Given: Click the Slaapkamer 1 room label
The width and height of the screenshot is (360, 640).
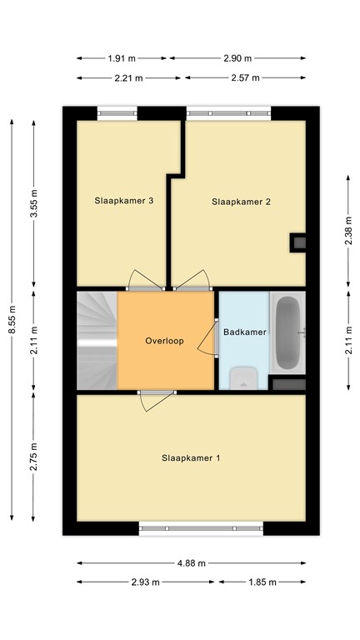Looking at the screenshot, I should point(191,457).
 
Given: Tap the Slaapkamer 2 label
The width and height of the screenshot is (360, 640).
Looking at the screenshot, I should point(242,202).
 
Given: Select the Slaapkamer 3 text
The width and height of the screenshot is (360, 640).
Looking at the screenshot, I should point(124,200).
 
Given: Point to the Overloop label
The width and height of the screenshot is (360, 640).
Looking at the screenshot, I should point(164,341).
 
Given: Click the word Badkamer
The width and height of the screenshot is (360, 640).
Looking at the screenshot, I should point(245,332).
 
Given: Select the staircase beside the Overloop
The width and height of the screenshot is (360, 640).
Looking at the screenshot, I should point(97,340).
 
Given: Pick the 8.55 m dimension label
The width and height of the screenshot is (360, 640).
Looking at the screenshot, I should point(12,317).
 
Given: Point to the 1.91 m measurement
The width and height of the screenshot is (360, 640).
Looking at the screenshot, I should point(123,59).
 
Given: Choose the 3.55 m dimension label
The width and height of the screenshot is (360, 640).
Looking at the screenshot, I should point(34,205).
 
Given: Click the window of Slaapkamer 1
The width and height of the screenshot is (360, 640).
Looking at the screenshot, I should point(200,527).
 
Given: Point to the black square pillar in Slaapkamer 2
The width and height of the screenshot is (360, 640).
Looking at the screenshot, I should point(297,242).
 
